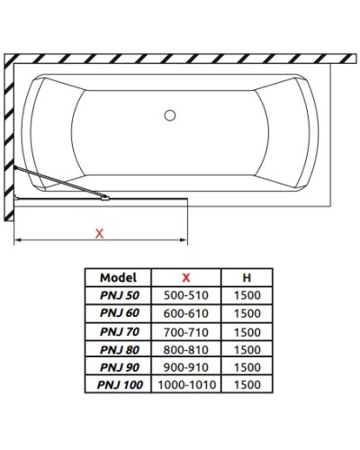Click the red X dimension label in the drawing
click(100, 233)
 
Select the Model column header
click(117, 278)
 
